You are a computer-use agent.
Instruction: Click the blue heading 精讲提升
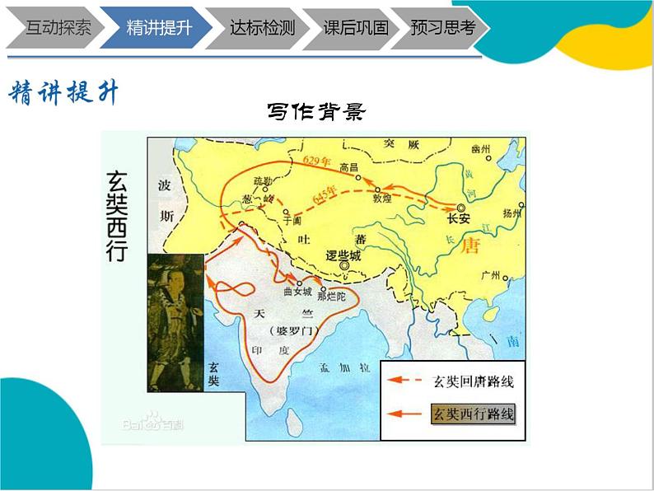(63, 92)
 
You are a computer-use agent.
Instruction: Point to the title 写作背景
(315, 110)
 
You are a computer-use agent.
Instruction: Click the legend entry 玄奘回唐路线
(476, 381)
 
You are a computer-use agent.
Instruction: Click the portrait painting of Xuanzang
(175, 321)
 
